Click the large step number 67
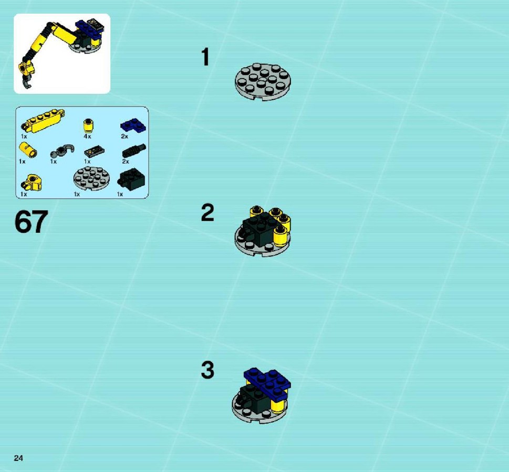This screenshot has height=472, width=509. pos(31,222)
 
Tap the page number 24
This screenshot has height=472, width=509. pos(18,458)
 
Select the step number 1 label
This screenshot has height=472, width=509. pos(205,57)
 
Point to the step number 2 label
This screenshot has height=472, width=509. pos(207,212)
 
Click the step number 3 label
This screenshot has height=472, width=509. pos(208,370)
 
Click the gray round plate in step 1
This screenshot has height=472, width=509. pos(263,81)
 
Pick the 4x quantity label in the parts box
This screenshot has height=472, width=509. pos(87,136)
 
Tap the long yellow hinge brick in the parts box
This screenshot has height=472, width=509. pos(43,121)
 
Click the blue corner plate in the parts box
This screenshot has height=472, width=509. pos(133,125)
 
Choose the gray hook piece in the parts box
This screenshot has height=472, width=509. pos(63,151)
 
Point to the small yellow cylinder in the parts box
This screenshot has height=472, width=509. pos(28,150)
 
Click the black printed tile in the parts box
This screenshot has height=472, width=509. pos(94,151)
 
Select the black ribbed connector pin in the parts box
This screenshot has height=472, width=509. pos(134,151)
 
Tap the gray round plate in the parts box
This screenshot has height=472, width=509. pos(91,178)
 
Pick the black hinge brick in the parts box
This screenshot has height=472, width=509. pos(131,179)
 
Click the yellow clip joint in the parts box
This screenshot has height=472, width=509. pos(32,183)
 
